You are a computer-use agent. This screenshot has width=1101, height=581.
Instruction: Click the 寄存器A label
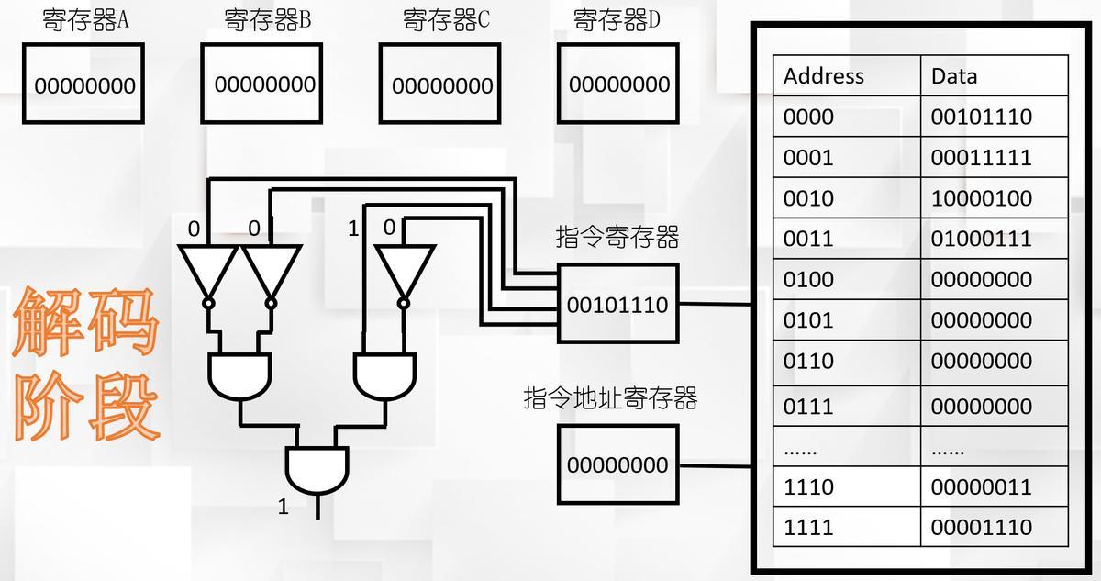click(85, 20)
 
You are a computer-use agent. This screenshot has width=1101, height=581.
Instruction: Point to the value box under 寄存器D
click(619, 84)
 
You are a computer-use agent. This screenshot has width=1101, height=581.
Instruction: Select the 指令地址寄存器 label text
click(610, 398)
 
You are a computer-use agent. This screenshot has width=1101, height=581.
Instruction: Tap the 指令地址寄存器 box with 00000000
click(617, 464)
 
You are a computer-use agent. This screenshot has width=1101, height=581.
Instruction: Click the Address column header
click(824, 75)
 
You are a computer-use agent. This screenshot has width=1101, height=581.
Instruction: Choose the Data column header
click(954, 75)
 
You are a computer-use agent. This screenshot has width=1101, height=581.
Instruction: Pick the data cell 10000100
click(981, 198)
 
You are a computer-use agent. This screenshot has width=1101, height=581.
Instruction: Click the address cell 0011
click(808, 239)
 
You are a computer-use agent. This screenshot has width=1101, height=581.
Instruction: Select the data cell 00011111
click(981, 157)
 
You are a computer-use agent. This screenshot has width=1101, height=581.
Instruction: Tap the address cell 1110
click(808, 486)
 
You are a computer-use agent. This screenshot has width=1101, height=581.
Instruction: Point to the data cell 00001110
click(981, 528)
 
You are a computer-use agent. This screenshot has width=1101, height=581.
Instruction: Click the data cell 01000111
click(981, 239)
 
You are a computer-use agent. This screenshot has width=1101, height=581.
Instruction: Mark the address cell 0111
click(808, 406)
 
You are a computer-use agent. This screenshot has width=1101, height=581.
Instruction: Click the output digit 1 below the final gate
click(283, 506)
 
